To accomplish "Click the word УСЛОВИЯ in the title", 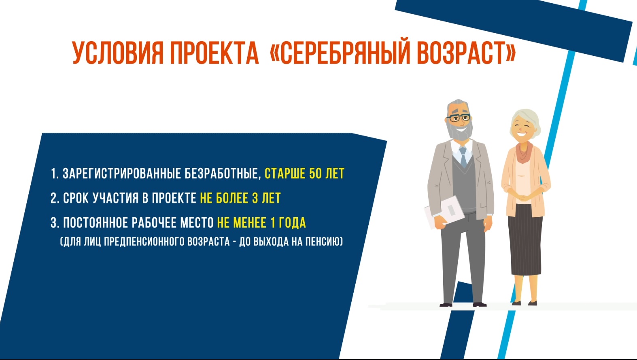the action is tap(118, 53).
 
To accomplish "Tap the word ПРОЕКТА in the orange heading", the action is tap(214, 53).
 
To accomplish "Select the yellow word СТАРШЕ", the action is tap(285, 174).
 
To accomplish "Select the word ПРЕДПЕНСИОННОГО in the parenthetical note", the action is tap(144, 241).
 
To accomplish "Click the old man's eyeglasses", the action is tap(459, 117).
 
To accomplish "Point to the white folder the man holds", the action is tap(444, 212).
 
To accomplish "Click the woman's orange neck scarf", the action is tap(524, 152).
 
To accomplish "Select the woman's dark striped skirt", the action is tap(525, 239).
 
